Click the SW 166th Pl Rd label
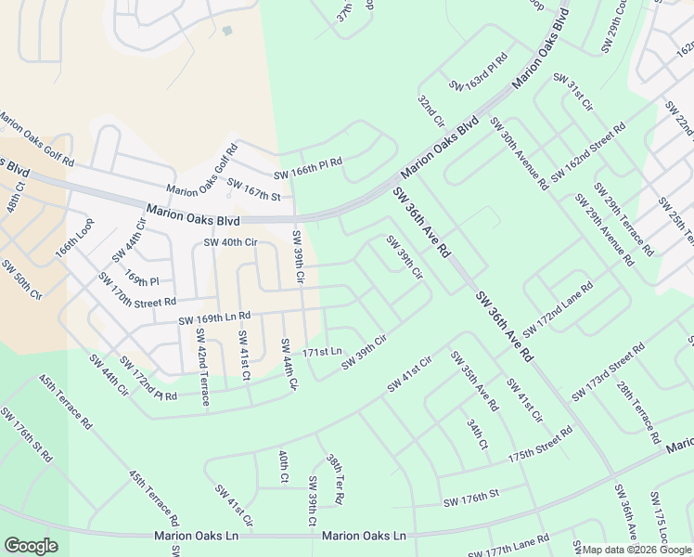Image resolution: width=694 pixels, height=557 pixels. point(308,167)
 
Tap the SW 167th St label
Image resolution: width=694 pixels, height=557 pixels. point(253,188)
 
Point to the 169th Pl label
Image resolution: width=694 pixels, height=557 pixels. point(143,280)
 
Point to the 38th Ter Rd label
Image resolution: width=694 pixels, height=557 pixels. point(335,479)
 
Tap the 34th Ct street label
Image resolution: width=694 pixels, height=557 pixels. point(477,434)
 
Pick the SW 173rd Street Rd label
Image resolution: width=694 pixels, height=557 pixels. point(608,372)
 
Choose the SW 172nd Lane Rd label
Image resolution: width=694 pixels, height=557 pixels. point(558,310)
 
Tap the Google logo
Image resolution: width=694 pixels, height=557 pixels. point(31,546)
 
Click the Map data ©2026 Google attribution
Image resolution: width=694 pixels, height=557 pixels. point(636,550)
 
